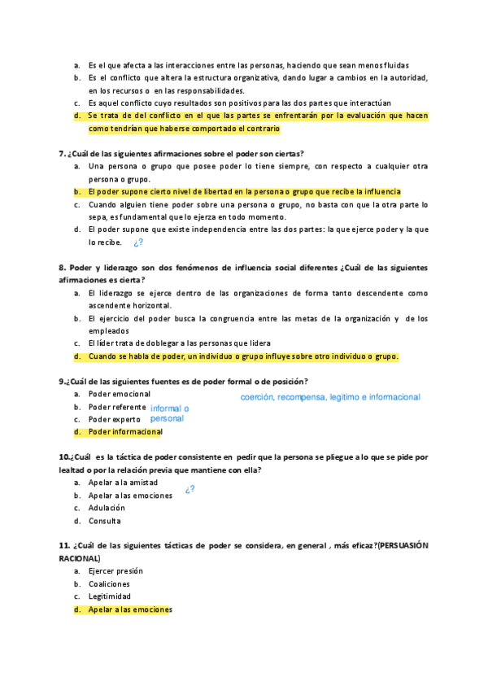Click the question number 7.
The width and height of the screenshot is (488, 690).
tap(62, 153)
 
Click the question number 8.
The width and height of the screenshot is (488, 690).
tap(62, 267)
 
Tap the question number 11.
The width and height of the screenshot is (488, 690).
tap(64, 544)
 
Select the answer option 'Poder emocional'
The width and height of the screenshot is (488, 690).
tap(120, 394)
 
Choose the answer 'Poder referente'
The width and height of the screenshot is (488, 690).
tap(119, 406)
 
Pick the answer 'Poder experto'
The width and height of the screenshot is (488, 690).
tap(115, 419)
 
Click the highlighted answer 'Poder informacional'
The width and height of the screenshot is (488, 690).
tap(125, 431)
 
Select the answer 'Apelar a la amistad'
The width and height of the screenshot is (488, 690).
tap(124, 483)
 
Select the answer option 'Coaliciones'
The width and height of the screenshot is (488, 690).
tap(109, 584)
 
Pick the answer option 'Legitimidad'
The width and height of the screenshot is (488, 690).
tap(110, 596)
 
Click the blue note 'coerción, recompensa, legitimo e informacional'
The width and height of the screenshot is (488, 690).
tap(330, 398)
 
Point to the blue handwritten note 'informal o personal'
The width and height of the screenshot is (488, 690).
tap(169, 413)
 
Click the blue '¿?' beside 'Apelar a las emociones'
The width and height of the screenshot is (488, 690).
tap(190, 490)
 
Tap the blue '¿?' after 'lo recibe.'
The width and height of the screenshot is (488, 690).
tap(138, 242)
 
